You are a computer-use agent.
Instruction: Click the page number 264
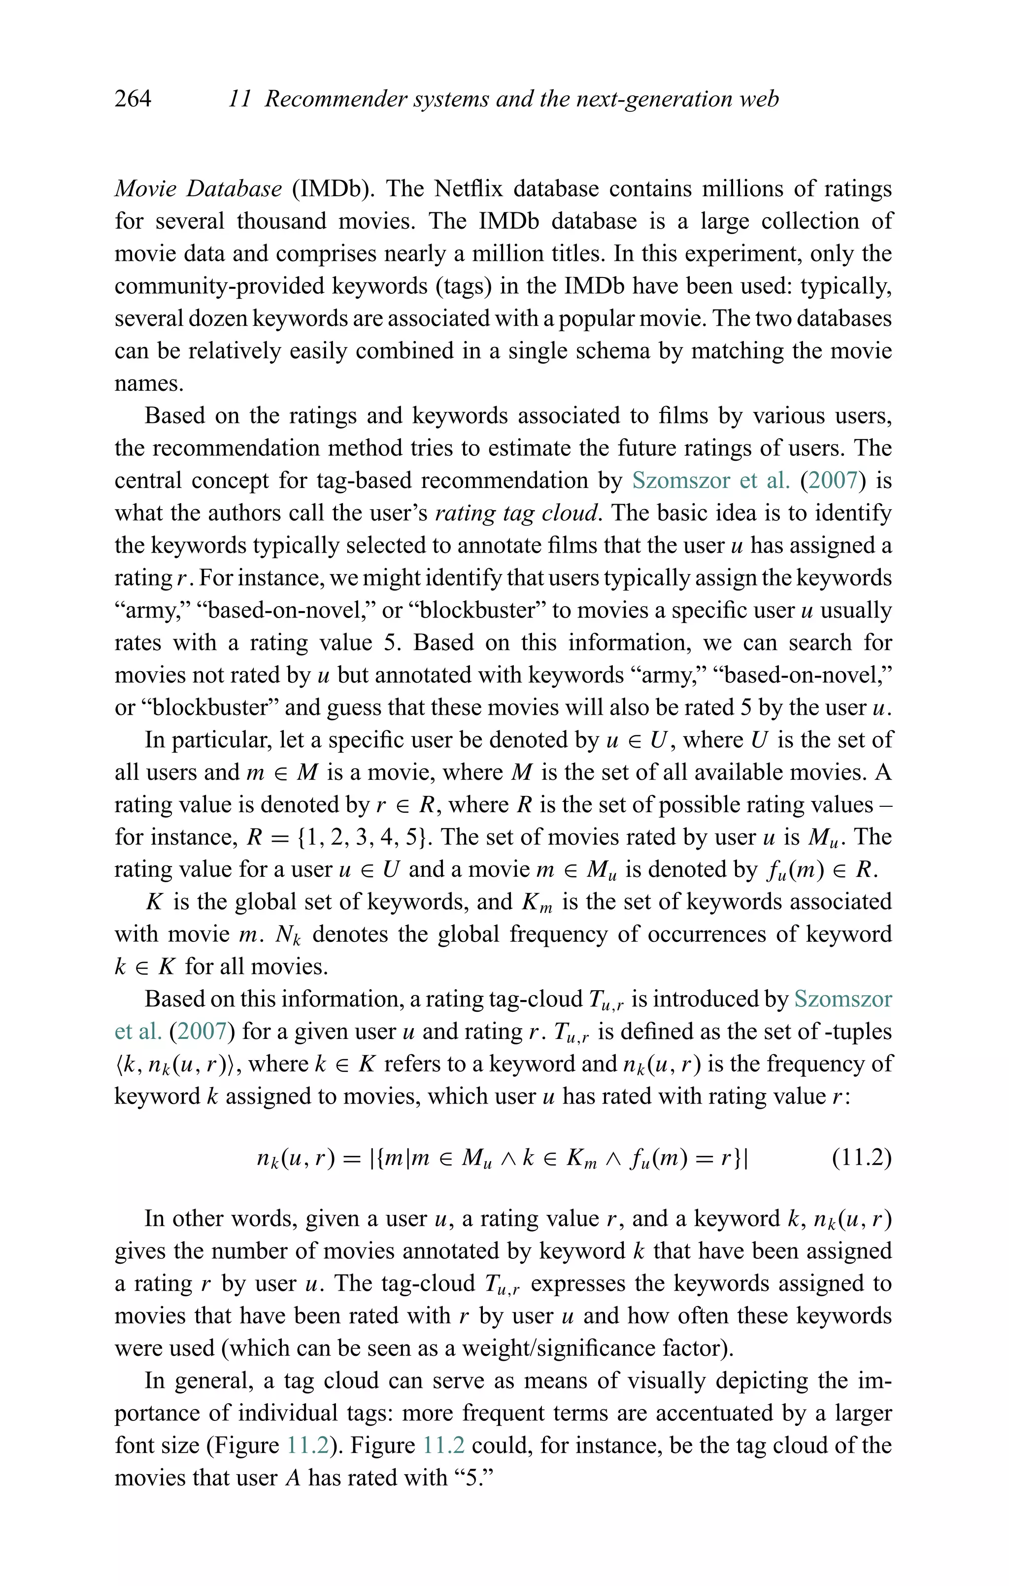click(x=133, y=99)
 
